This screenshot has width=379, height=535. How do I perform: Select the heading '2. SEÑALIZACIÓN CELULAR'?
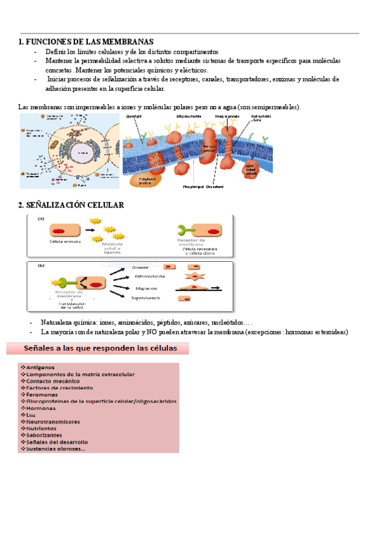71,205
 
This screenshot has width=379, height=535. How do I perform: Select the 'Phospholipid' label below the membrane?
193,187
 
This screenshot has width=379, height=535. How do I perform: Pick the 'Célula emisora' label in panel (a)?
66,241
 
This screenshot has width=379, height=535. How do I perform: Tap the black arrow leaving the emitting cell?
89,231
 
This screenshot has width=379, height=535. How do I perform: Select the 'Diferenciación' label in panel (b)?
149,276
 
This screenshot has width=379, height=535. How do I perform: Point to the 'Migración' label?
146,288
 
